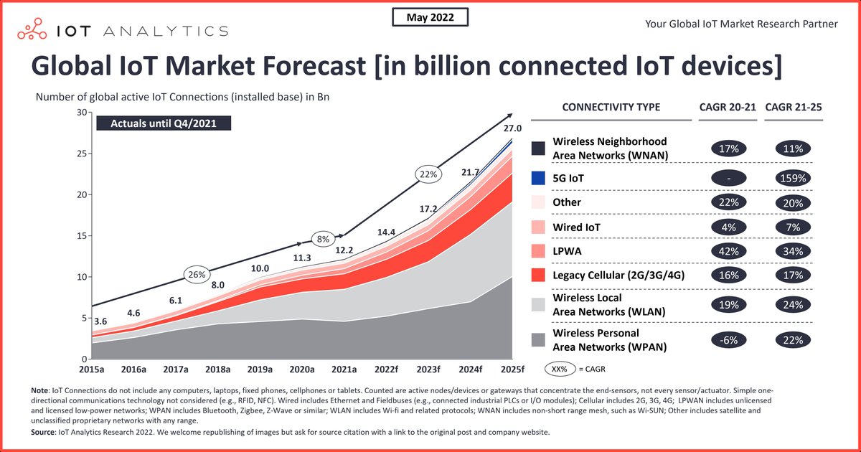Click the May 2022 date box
(x=430, y=17)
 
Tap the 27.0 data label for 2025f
(x=511, y=128)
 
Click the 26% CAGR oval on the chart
(x=197, y=274)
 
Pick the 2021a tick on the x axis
(x=344, y=370)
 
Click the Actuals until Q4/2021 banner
(x=164, y=123)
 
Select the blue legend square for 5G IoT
(x=537, y=176)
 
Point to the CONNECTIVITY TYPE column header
(x=611, y=108)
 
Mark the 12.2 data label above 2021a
(x=344, y=250)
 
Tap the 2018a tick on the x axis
(x=217, y=370)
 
